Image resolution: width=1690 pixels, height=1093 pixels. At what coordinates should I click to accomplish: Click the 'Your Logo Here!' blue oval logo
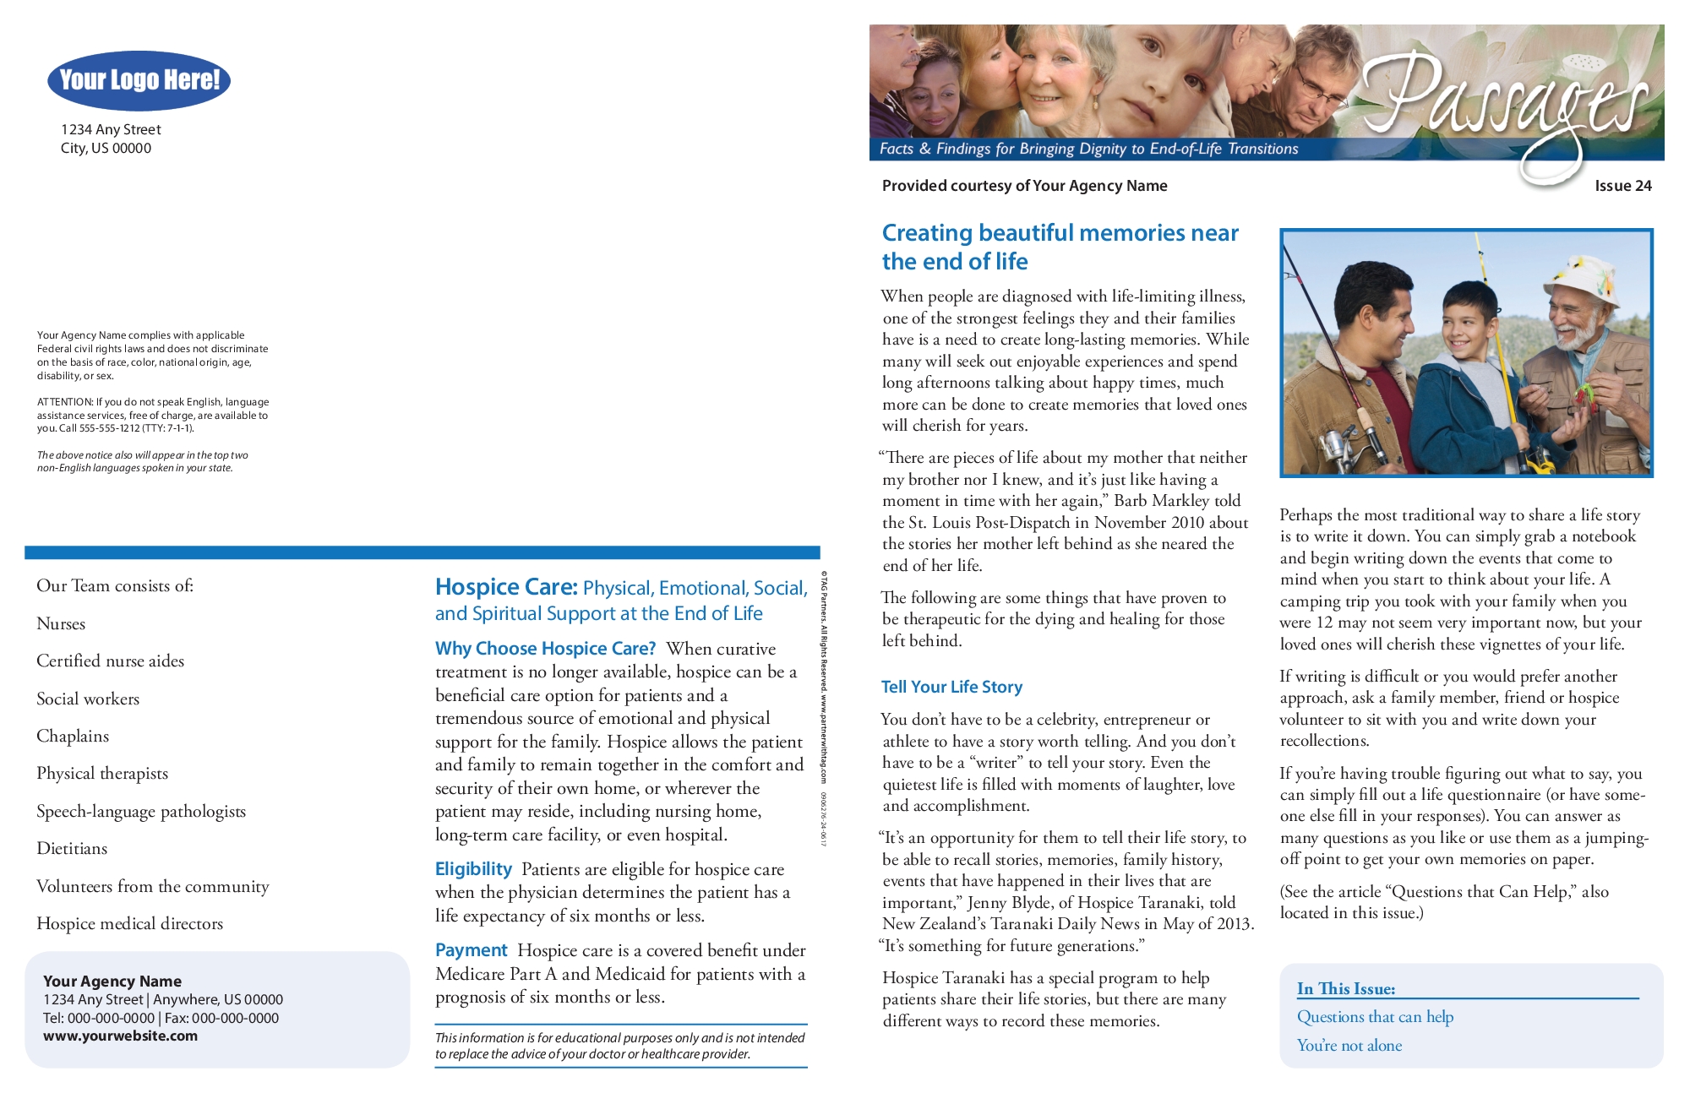coord(139,80)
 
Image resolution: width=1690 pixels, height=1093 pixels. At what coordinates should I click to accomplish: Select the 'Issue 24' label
coord(1622,186)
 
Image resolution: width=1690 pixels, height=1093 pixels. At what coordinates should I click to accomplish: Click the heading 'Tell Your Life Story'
coord(951,687)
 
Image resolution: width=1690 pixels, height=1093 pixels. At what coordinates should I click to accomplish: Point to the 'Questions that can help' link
coord(1375,1017)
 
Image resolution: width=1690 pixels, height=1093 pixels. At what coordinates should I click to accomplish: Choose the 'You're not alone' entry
coord(1349,1046)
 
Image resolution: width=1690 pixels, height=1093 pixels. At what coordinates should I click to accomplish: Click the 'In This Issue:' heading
coord(1346,989)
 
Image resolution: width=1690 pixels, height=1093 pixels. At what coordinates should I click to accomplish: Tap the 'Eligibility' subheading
coord(473,869)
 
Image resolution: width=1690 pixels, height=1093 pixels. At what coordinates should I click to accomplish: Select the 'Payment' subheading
coord(471,950)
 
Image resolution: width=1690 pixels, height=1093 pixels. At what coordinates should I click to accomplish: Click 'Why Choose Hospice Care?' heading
coord(545,649)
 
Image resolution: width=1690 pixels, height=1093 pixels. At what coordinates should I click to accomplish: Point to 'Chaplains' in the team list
coord(73,737)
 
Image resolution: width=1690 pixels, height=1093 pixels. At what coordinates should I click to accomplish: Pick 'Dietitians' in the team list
coord(72,849)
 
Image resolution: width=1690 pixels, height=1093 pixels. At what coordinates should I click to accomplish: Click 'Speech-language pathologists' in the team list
coord(141,812)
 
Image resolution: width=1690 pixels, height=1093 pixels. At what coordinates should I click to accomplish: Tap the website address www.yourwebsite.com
coord(120,1036)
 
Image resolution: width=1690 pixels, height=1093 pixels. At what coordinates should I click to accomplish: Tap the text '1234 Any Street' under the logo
coord(111,130)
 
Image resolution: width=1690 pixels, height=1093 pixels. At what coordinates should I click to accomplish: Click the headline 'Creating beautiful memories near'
coord(1060,233)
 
